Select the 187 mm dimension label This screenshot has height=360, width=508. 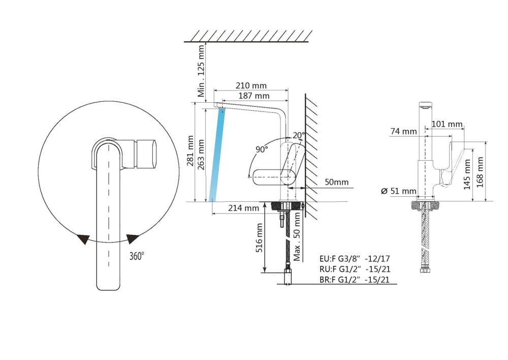pos(255,96)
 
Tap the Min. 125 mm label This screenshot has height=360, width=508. pos(202,71)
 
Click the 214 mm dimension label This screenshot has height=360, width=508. pos(244,208)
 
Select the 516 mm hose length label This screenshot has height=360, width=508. pos(259,238)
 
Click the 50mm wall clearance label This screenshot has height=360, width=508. pos(337,182)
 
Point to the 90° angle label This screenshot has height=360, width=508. pos(262,149)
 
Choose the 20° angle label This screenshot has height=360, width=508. pos(299,135)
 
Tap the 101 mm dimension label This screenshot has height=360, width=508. pos(447,124)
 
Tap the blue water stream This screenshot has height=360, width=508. pos(217,153)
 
